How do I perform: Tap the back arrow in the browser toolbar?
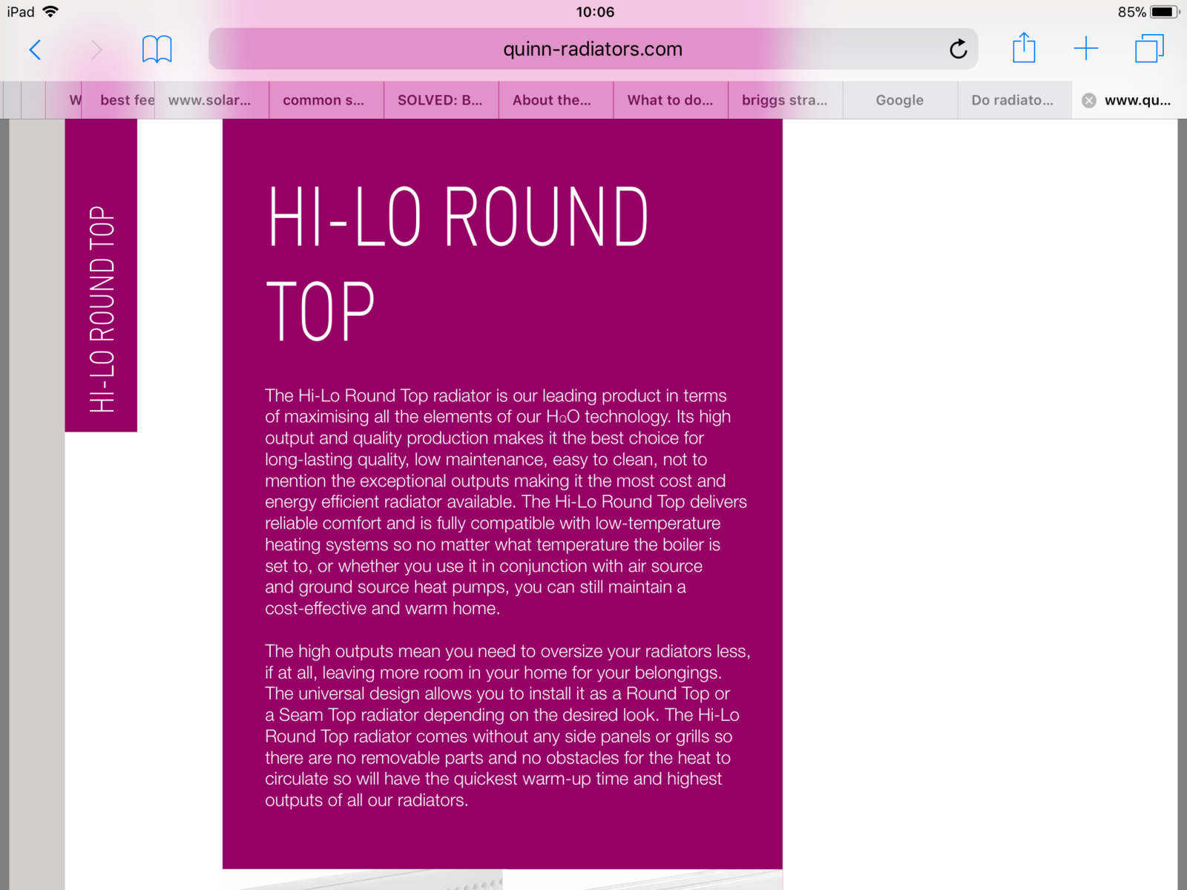(35, 50)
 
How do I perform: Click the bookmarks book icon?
(157, 50)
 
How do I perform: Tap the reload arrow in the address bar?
(958, 50)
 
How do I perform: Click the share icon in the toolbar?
(1024, 48)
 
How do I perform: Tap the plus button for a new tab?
(1085, 49)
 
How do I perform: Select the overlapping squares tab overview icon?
(1148, 49)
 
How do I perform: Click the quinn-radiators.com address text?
(592, 50)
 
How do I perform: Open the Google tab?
(899, 100)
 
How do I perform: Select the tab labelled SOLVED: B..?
(440, 100)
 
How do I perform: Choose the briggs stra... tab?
(784, 100)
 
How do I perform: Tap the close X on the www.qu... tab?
(1088, 101)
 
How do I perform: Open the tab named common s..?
(323, 100)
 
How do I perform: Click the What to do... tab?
(670, 100)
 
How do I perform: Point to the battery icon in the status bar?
(1163, 12)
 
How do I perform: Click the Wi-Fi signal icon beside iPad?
(50, 11)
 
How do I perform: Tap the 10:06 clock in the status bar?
(595, 12)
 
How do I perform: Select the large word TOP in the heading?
(320, 311)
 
